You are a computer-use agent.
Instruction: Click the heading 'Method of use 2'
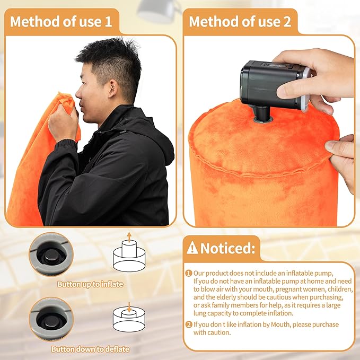point(240,22)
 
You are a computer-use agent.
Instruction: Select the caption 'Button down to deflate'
point(90,349)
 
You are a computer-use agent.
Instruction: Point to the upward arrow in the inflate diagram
point(129,236)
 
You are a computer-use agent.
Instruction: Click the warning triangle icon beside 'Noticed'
point(192,248)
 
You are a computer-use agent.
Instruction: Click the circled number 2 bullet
point(188,324)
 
